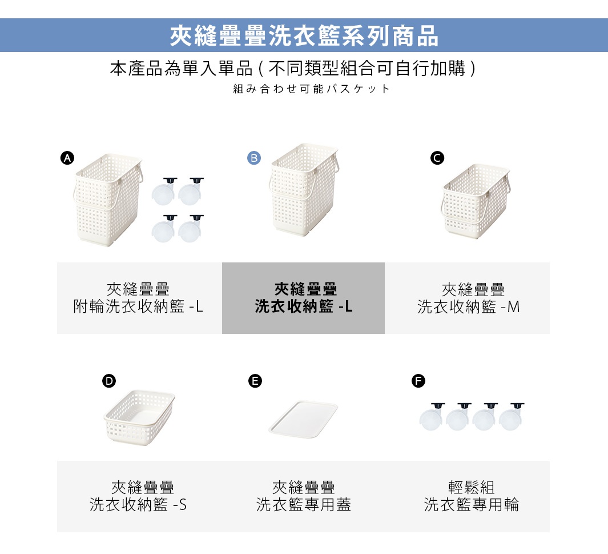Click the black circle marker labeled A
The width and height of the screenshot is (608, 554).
pos(67,158)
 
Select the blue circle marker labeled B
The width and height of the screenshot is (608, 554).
pos(254,158)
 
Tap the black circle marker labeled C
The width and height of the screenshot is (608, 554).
pos(437,158)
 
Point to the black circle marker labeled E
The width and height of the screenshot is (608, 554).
pos(255,381)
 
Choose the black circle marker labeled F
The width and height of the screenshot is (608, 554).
pos(418,381)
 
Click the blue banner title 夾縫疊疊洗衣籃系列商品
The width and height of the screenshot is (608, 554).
pos(304,35)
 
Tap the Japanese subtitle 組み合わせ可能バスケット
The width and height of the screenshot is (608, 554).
pos(312,89)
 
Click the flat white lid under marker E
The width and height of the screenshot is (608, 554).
pos(303,420)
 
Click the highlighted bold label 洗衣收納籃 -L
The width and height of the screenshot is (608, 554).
pos(304,307)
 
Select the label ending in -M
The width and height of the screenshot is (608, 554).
pos(469,307)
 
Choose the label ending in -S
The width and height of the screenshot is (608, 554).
pos(139,505)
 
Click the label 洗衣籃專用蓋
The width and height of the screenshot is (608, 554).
pos(304,505)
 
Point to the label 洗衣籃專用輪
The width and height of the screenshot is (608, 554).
pos(472,505)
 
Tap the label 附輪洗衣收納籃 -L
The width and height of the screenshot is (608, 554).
pos(139,307)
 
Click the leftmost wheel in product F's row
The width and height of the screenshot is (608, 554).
pos(431,418)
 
